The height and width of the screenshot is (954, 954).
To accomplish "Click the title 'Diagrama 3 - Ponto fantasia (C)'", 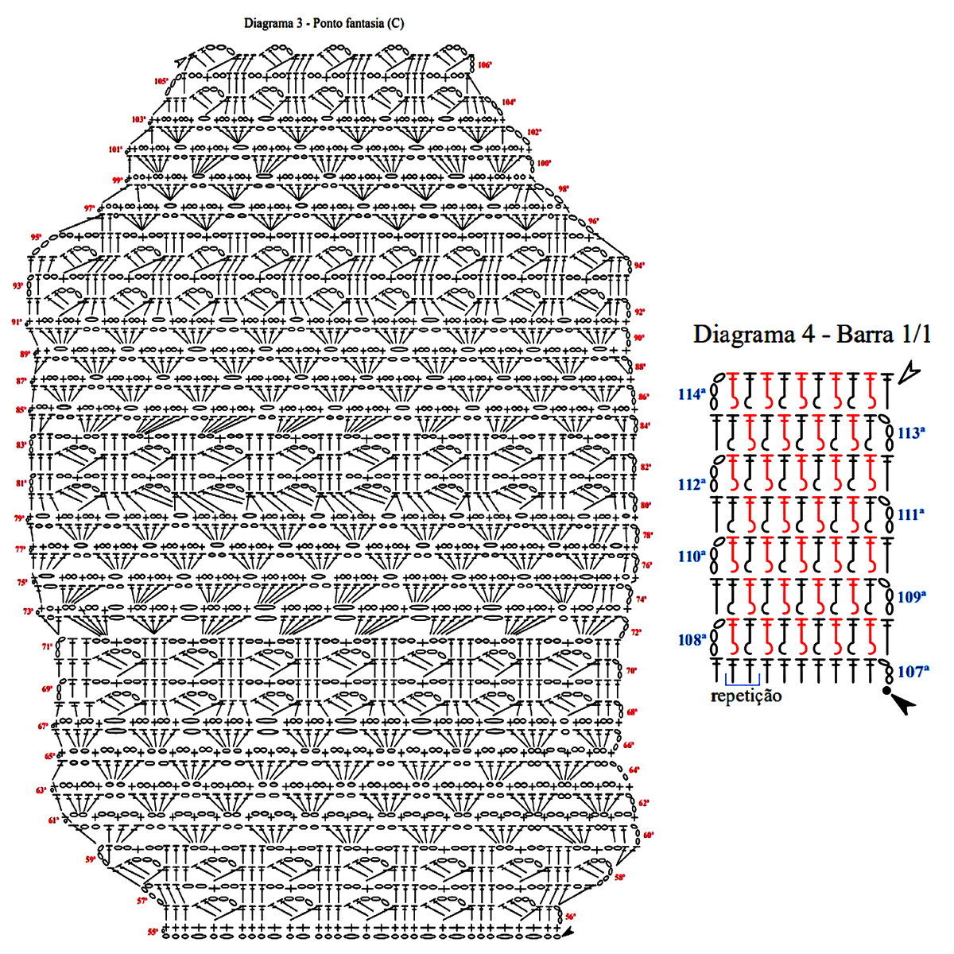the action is (324, 23).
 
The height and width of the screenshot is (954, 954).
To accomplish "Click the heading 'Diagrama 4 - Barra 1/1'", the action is (812, 334).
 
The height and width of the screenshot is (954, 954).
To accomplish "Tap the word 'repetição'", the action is (746, 696).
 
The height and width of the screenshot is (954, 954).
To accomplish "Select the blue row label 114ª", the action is (692, 394).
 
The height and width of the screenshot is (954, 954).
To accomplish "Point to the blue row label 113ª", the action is (911, 433).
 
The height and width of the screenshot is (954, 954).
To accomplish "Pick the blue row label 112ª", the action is (692, 484).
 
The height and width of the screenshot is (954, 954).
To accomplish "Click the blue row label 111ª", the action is (911, 514).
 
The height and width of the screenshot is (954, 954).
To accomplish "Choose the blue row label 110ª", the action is (692, 556).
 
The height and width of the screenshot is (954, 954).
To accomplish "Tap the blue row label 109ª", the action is (911, 597).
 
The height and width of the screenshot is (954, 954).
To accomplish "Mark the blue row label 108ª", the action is (692, 639).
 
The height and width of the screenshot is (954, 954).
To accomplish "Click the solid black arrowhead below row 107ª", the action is (902, 703).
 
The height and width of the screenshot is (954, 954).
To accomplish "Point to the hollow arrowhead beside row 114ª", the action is (908, 373).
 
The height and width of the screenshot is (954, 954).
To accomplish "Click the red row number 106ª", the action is (485, 65).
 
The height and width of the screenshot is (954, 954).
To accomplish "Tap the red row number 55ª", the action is (152, 932).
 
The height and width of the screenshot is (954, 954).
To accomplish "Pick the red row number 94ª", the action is (639, 266).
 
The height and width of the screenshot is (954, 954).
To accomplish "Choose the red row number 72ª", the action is (636, 633).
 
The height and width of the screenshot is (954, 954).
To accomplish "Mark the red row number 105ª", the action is (161, 81).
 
